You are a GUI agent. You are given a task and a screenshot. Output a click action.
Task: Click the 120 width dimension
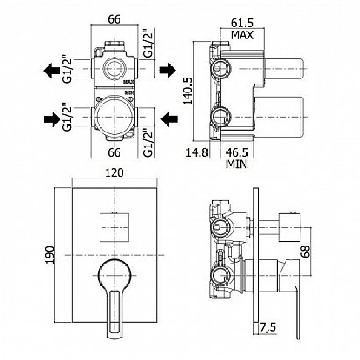114,173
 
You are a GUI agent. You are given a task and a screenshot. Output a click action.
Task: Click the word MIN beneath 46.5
237,164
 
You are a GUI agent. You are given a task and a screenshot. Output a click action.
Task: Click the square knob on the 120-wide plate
114,227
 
